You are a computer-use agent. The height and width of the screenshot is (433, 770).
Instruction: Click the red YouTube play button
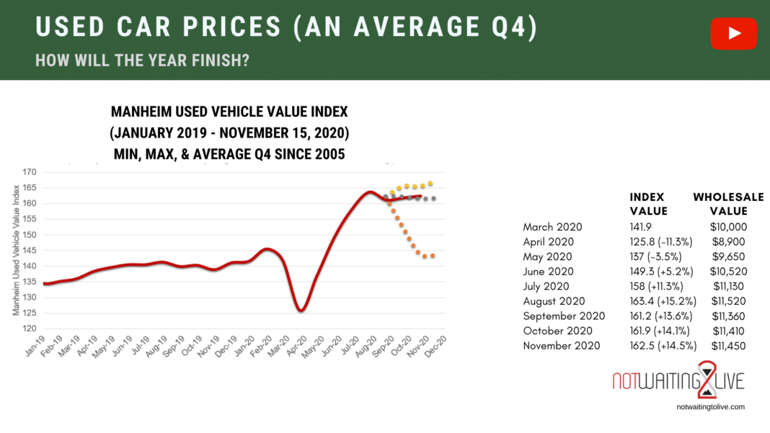733,33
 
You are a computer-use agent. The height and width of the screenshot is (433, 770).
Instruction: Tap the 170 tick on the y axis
30,173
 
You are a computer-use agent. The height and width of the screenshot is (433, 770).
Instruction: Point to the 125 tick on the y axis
30,313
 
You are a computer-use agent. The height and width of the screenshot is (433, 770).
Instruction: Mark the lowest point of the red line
301,311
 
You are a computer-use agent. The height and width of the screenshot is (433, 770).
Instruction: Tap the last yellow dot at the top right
430,184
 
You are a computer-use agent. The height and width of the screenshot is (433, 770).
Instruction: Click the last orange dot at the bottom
433,256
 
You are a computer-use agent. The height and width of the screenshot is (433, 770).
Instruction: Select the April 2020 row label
548,241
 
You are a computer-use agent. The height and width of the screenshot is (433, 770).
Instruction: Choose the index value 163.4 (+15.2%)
658,301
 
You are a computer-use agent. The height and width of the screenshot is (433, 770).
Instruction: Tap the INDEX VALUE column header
649,204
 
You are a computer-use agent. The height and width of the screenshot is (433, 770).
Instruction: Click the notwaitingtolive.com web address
711,407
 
